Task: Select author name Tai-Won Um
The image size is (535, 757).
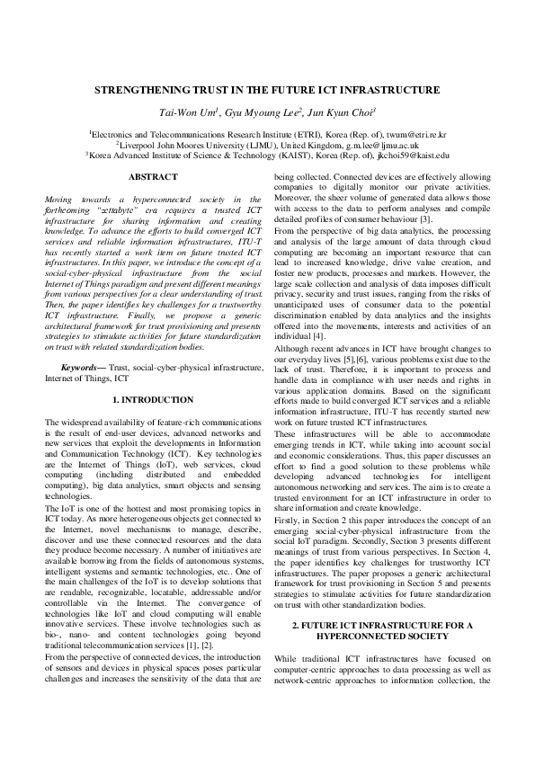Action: tap(185, 112)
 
